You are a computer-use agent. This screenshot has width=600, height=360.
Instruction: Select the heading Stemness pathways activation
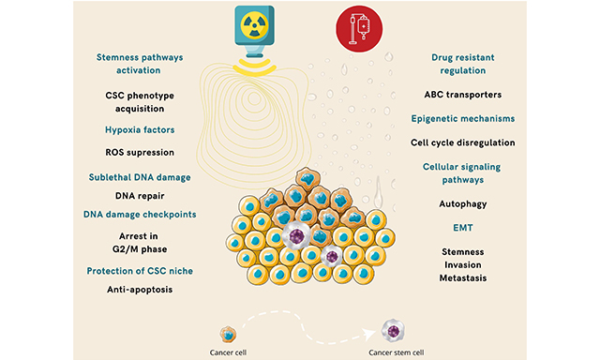click(139, 63)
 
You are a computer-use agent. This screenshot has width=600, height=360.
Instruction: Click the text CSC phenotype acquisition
click(139, 101)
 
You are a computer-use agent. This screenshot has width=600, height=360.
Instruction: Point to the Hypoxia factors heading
click(139, 130)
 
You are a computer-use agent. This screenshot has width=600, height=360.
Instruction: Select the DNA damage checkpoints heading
click(139, 215)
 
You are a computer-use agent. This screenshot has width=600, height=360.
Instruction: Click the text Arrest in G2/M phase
click(139, 242)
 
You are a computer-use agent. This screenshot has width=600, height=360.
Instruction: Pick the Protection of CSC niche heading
click(139, 271)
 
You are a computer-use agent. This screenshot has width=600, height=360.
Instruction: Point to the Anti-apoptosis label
click(139, 290)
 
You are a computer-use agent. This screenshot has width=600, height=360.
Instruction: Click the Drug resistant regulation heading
click(460, 65)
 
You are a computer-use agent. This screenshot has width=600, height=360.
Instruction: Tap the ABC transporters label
click(460, 94)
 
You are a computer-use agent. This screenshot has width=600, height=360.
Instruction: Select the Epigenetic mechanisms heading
click(460, 118)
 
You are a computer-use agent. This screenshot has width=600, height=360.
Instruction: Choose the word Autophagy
click(460, 202)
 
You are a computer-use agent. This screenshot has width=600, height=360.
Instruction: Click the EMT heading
click(460, 227)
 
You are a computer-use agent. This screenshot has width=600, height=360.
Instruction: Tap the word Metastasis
click(460, 278)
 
